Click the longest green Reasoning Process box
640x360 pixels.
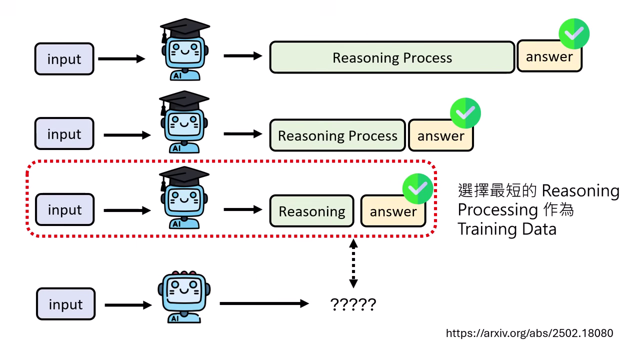(x=392, y=57)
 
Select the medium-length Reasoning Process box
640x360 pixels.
(x=337, y=135)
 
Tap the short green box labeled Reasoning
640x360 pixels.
(x=311, y=211)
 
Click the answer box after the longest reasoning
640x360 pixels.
(x=549, y=57)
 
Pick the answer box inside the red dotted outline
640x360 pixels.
(x=393, y=211)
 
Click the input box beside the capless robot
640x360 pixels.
(x=65, y=304)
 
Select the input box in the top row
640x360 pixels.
(x=64, y=59)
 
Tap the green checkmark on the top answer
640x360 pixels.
(x=573, y=33)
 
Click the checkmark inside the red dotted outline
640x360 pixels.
(x=417, y=188)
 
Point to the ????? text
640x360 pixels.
(x=353, y=304)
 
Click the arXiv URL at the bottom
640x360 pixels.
(x=529, y=333)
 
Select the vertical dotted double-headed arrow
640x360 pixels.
(x=353, y=263)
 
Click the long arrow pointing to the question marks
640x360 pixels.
(x=264, y=303)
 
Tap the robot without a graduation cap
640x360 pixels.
(x=184, y=297)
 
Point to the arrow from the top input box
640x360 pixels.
(x=121, y=59)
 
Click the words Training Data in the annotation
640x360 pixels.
(x=506, y=229)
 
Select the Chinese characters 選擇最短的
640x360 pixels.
(x=497, y=190)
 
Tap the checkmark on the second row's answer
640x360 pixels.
(x=465, y=113)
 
